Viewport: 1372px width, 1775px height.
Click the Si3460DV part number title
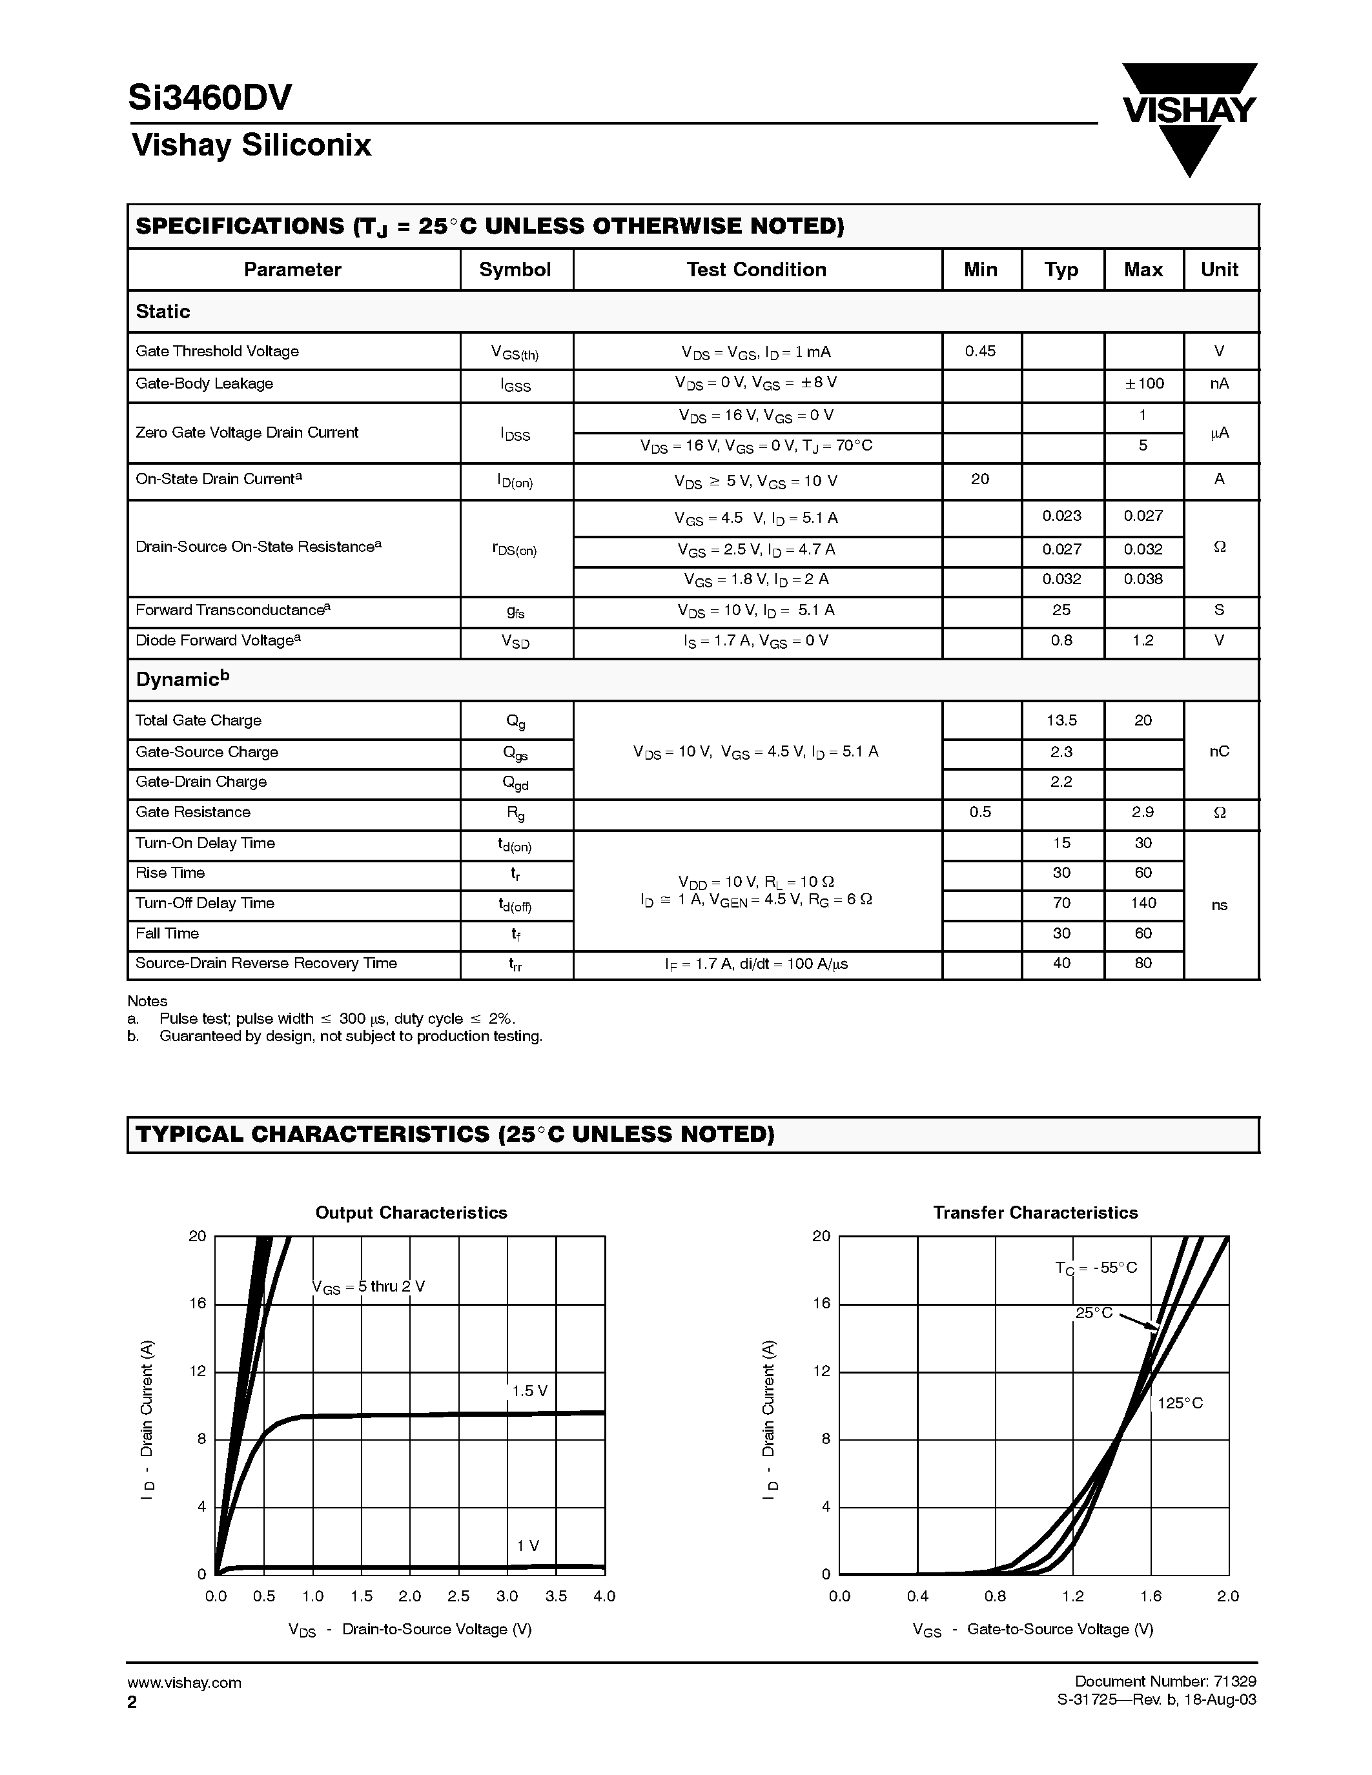click(x=210, y=98)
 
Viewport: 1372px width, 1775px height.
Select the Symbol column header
click(x=515, y=270)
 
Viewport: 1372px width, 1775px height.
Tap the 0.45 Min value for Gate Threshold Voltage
click(x=980, y=351)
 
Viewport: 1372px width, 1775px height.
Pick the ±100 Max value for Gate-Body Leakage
click(x=1143, y=383)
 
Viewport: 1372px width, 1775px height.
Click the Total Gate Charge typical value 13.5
click(x=1061, y=720)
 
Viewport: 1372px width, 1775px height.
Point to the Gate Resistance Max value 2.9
click(x=1143, y=812)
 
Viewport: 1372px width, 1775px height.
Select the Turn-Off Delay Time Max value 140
click(x=1143, y=903)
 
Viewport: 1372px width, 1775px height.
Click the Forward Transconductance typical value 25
click(x=1061, y=609)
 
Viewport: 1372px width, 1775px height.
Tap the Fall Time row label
click(x=167, y=933)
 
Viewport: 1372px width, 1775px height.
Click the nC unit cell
click(x=1219, y=751)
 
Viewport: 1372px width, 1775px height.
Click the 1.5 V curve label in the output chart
click(x=529, y=1390)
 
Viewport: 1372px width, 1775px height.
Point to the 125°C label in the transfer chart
click(x=1180, y=1403)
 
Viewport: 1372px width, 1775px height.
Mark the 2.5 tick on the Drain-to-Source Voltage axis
click(x=458, y=1596)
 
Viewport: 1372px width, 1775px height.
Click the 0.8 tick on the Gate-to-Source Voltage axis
click(x=995, y=1596)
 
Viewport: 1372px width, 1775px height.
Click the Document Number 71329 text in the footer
click(x=1165, y=1681)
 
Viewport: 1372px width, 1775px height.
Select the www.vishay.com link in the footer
click(x=185, y=1682)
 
